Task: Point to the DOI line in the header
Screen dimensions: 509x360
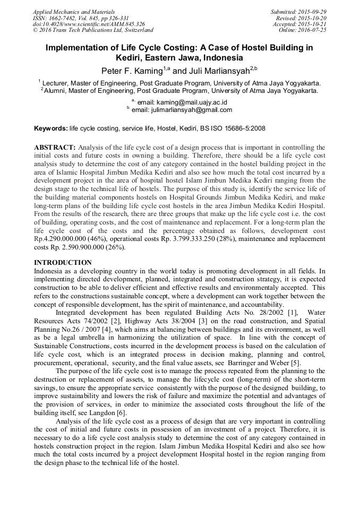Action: [89, 24]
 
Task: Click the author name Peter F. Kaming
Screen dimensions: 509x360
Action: [132, 71]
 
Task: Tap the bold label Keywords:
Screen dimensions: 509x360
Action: [51, 128]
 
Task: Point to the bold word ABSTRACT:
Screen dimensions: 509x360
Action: [55, 147]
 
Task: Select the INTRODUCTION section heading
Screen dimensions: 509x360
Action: [63, 263]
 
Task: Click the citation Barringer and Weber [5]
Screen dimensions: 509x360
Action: [265, 363]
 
